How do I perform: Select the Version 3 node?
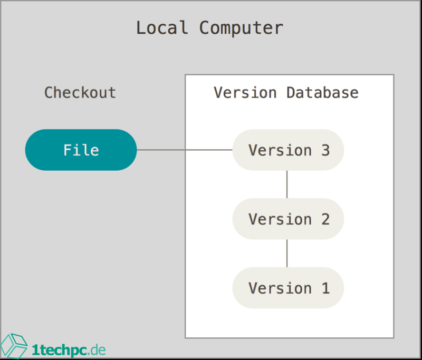click(288, 150)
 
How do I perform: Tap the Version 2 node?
click(288, 219)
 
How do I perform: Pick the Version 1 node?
click(288, 288)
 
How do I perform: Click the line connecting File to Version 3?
click(185, 150)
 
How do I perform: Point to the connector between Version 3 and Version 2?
click(287, 184)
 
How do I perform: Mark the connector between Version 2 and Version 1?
click(287, 253)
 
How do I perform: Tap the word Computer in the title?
click(241, 27)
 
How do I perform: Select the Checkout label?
click(80, 93)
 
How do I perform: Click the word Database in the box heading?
click(322, 93)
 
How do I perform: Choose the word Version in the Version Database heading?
click(245, 93)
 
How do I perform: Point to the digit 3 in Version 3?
click(324, 150)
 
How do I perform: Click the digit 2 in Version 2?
click(324, 219)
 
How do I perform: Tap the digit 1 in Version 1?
click(324, 288)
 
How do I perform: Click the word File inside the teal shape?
click(81, 150)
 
